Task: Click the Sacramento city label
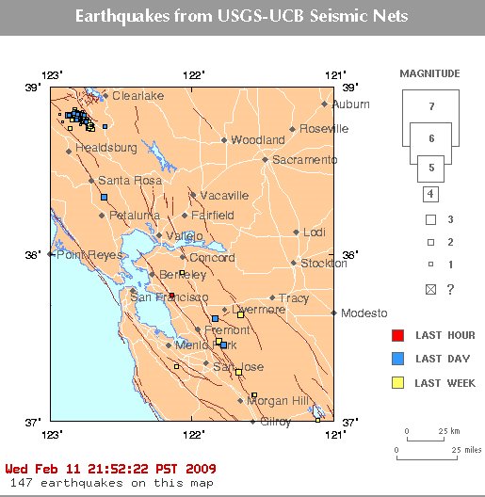[305, 160]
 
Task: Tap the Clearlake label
[137, 96]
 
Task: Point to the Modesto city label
[364, 313]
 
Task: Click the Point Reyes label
[82, 255]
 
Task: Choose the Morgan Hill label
[280, 400]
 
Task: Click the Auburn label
[351, 104]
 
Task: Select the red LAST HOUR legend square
[397, 335]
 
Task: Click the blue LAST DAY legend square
[397, 359]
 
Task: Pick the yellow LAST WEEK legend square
[397, 382]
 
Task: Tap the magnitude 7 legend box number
[430, 106]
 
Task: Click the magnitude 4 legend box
[430, 195]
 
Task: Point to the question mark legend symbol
[450, 289]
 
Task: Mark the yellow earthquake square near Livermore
[241, 314]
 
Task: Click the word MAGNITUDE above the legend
[429, 73]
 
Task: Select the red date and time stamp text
[110, 468]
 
